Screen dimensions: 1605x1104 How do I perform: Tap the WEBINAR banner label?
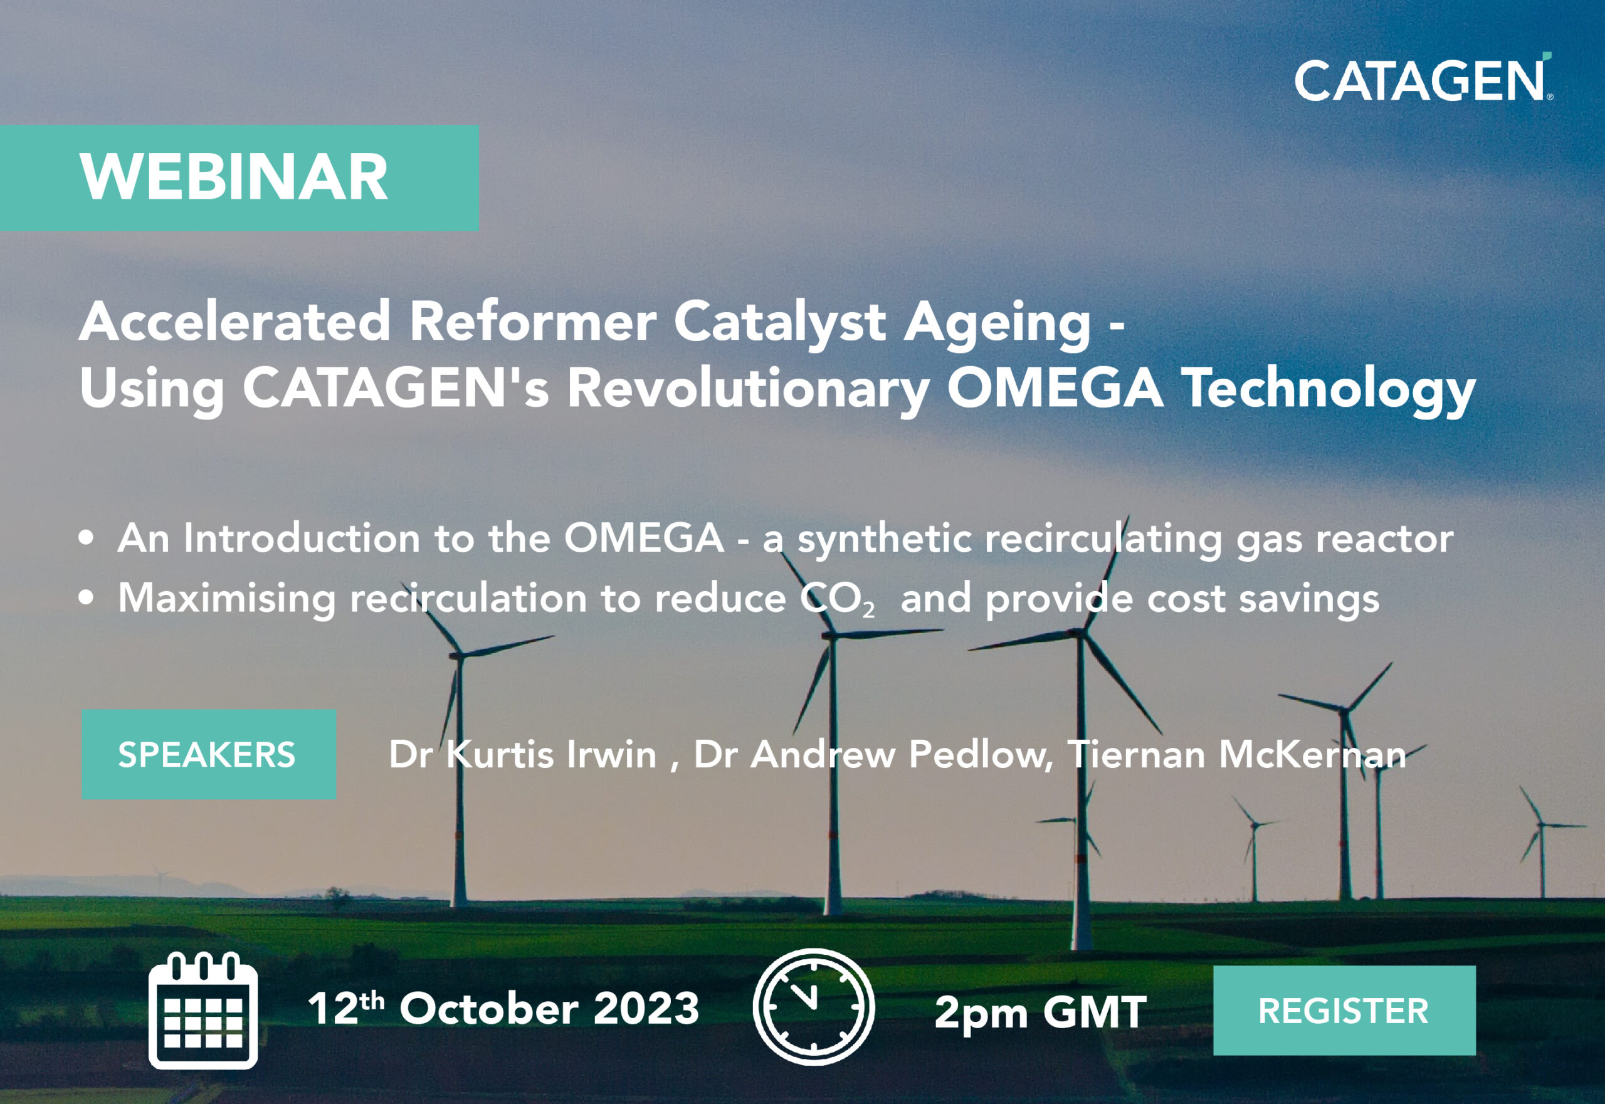239,178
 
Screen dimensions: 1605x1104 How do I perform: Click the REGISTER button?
1344,1011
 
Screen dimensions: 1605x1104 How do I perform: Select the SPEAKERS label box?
209,754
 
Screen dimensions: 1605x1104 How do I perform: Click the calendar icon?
203,1010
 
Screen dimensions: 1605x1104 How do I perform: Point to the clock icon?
814,1006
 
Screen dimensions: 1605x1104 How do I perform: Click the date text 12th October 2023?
503,1007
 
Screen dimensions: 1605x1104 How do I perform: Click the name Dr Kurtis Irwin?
522,754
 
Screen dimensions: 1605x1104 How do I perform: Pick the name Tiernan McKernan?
1237,754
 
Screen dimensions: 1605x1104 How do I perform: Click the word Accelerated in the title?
235,321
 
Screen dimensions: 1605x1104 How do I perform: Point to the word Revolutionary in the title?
749,389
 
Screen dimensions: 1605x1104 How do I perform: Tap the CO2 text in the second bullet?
838,598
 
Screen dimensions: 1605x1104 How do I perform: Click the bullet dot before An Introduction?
86,538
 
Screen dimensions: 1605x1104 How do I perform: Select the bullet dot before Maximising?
86,597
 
